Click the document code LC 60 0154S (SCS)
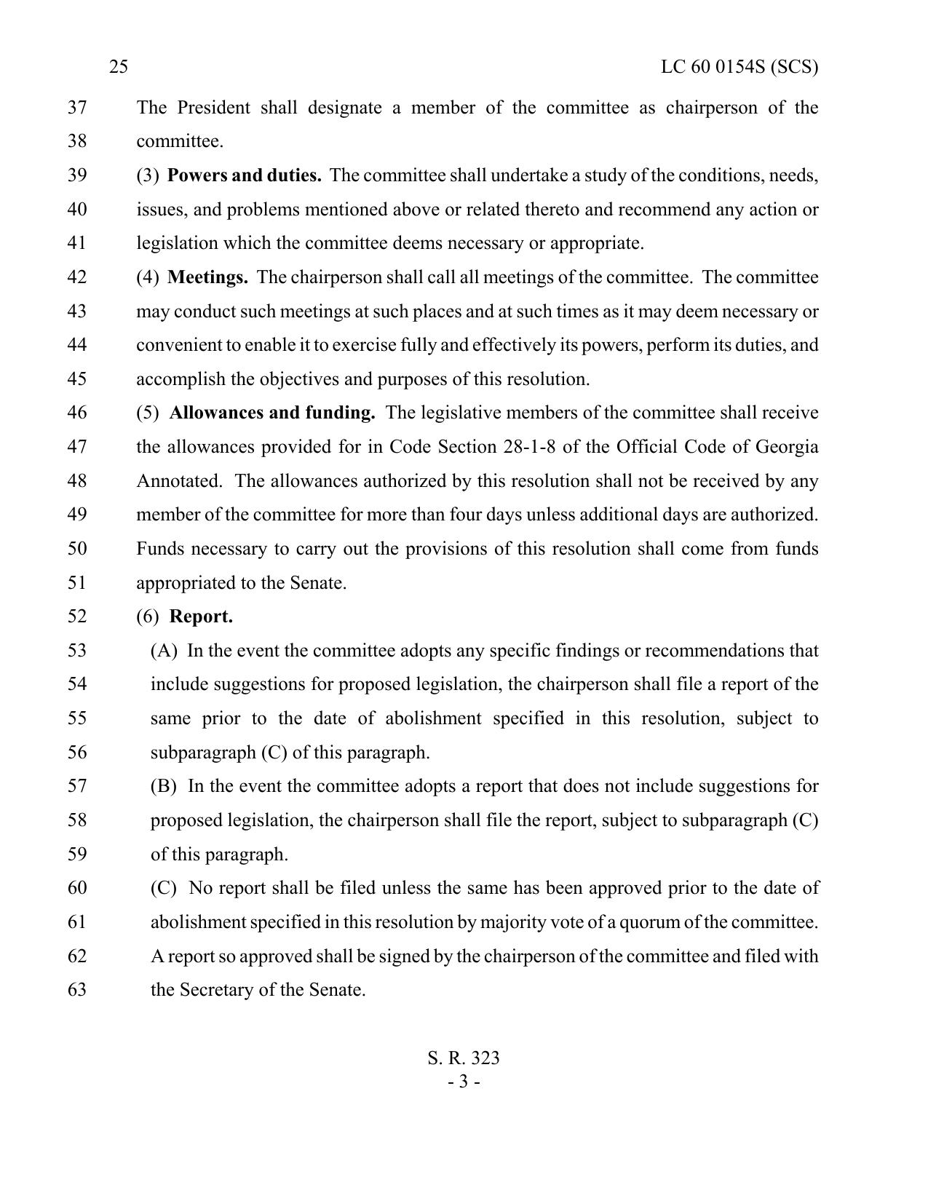[739, 68]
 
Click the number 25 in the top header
[119, 68]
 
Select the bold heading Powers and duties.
[245, 175]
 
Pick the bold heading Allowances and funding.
[272, 413]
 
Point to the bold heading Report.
[201, 617]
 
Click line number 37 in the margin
[77, 108]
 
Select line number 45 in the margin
[77, 379]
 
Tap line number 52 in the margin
[77, 617]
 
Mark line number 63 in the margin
[77, 990]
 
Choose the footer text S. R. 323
[464, 1058]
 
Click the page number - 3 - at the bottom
[464, 1082]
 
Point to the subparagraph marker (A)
[164, 651]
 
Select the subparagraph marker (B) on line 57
[164, 786]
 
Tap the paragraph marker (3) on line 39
[148, 175]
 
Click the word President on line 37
[213, 108]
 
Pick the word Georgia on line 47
[787, 447]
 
